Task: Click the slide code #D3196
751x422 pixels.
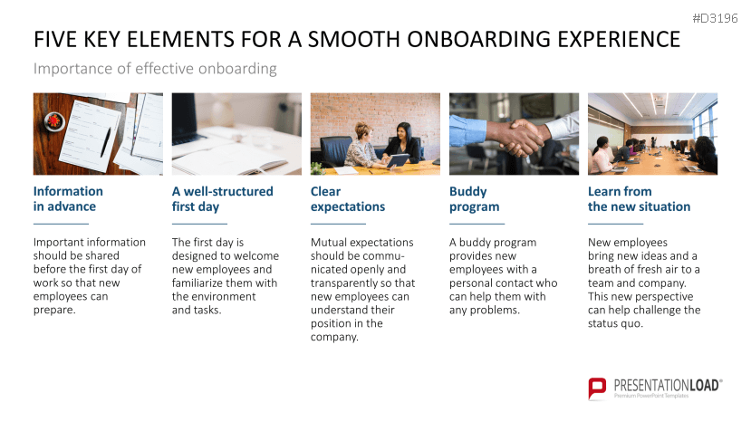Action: click(x=715, y=18)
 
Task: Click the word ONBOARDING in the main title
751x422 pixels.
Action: click(x=477, y=39)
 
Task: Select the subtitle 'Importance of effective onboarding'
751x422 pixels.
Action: click(x=155, y=69)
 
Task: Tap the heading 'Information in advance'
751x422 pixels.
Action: click(x=68, y=199)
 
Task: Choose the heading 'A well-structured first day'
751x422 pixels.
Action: click(x=223, y=199)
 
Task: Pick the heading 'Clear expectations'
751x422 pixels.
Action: click(x=348, y=199)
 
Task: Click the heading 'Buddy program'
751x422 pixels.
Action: click(x=474, y=199)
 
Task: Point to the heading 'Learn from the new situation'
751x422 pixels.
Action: click(x=640, y=199)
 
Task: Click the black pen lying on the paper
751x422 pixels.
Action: click(x=105, y=142)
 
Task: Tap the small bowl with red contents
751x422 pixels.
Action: click(x=53, y=121)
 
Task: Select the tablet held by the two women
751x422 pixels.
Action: click(x=397, y=160)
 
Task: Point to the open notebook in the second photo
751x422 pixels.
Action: click(x=230, y=158)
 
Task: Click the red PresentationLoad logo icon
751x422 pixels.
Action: click(x=597, y=388)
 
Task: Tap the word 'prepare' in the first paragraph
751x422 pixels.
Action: click(x=53, y=311)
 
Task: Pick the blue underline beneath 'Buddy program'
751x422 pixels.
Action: click(x=477, y=224)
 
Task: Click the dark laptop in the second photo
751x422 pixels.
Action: click(x=186, y=119)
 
